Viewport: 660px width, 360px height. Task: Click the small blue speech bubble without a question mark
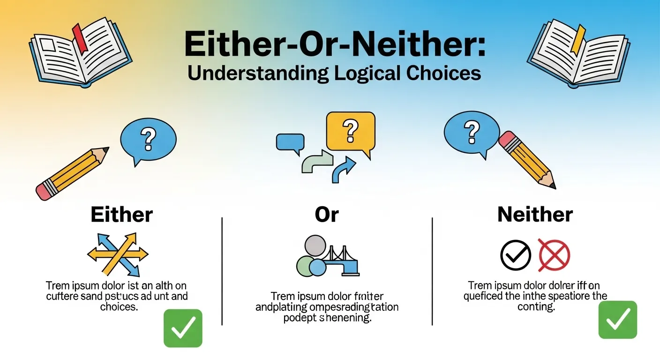pos(290,142)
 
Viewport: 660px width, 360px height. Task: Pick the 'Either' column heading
pos(121,215)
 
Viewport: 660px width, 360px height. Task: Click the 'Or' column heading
pos(327,215)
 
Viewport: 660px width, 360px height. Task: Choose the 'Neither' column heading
pos(535,215)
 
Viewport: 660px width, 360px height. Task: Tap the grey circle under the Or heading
pos(315,246)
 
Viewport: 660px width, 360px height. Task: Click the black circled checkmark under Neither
pos(516,255)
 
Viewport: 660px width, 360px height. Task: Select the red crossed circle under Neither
pos(554,255)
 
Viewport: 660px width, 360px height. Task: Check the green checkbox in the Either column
pos(183,328)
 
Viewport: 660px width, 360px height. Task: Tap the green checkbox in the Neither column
pos(618,320)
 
